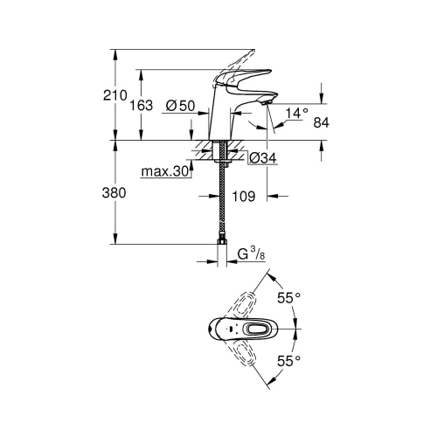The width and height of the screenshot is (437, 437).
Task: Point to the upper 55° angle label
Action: pyautogui.click(x=288, y=298)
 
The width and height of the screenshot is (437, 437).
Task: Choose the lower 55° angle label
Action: pyautogui.click(x=288, y=359)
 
